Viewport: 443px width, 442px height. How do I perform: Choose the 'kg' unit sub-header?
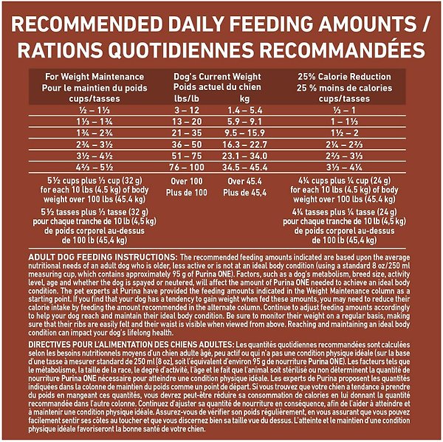(245, 97)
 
